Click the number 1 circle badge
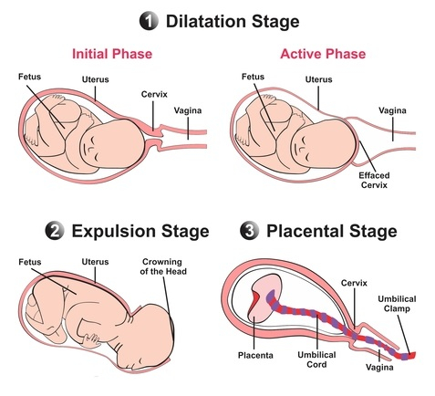(149, 21)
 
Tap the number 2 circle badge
(55, 231)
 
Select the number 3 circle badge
(250, 231)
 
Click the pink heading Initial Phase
(112, 54)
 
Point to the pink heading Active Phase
(323, 54)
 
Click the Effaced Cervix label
(374, 180)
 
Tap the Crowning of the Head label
(163, 266)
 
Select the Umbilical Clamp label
(397, 304)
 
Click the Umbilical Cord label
(316, 360)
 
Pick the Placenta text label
(255, 355)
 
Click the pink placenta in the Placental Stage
(264, 297)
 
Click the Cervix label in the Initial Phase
(154, 94)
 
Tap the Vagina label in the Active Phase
(392, 110)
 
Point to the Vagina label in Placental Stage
(379, 367)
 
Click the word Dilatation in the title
(206, 21)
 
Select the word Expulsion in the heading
(114, 232)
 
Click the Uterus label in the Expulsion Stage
(95, 262)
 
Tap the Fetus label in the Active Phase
(253, 77)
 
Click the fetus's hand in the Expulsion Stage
(90, 340)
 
